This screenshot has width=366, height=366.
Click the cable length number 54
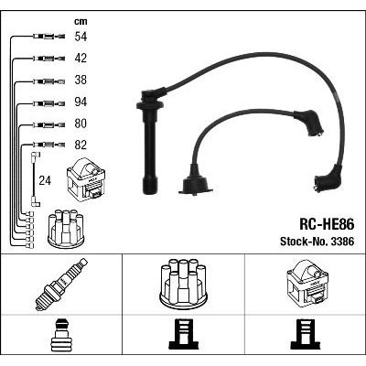[x=81, y=37]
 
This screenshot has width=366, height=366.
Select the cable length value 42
[x=81, y=59]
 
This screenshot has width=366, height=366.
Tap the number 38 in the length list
[x=81, y=80]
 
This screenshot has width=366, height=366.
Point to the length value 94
[x=81, y=102]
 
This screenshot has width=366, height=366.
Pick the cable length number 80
[x=81, y=124]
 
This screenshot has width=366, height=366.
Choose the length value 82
[x=81, y=145]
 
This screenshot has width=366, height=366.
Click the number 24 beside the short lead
[x=45, y=181]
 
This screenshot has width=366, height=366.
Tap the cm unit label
[x=81, y=21]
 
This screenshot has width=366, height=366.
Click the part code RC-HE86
[x=327, y=225]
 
